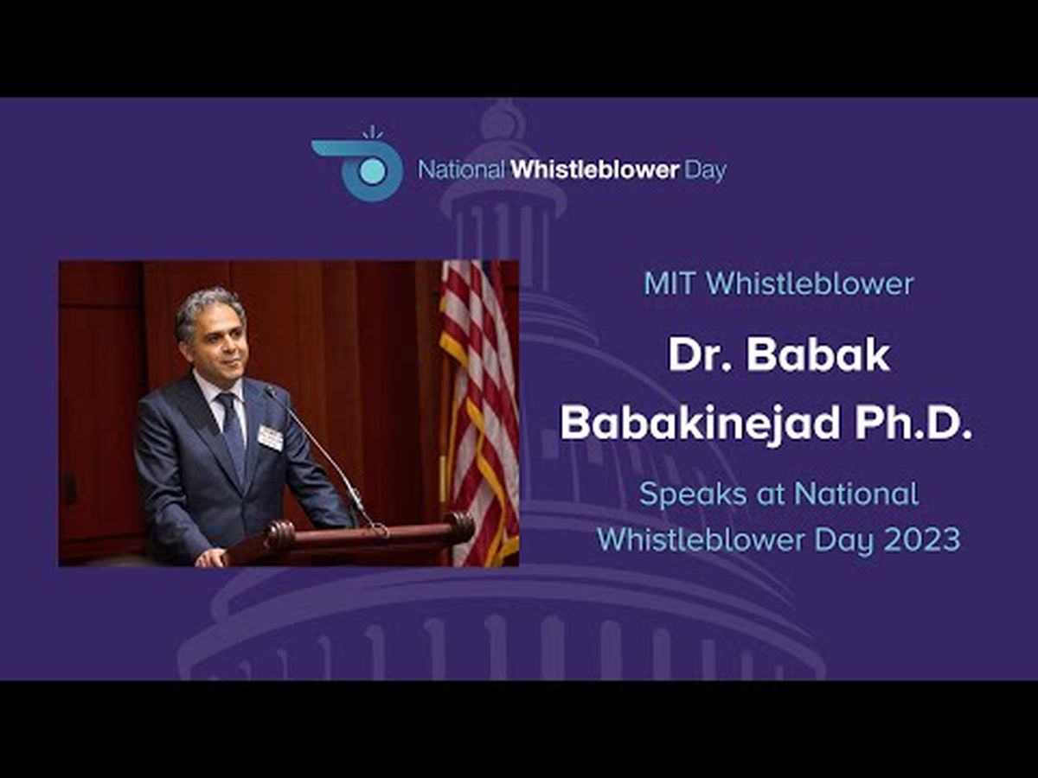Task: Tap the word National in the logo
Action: coord(461,170)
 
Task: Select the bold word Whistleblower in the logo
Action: coord(595,170)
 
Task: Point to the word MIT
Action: coord(671,284)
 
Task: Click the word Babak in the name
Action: coord(818,355)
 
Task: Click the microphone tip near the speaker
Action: coord(271,390)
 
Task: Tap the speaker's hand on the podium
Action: coord(211,558)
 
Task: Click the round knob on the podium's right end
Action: coord(460,526)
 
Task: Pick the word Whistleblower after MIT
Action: coord(810,284)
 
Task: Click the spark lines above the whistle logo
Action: coord(373,132)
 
